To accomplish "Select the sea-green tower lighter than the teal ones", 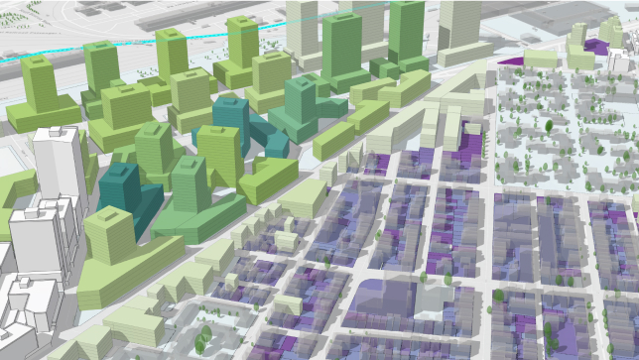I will (x=297, y=109).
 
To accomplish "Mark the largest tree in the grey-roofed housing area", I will (x=546, y=126).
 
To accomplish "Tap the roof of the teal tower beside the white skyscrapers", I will (x=118, y=172).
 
